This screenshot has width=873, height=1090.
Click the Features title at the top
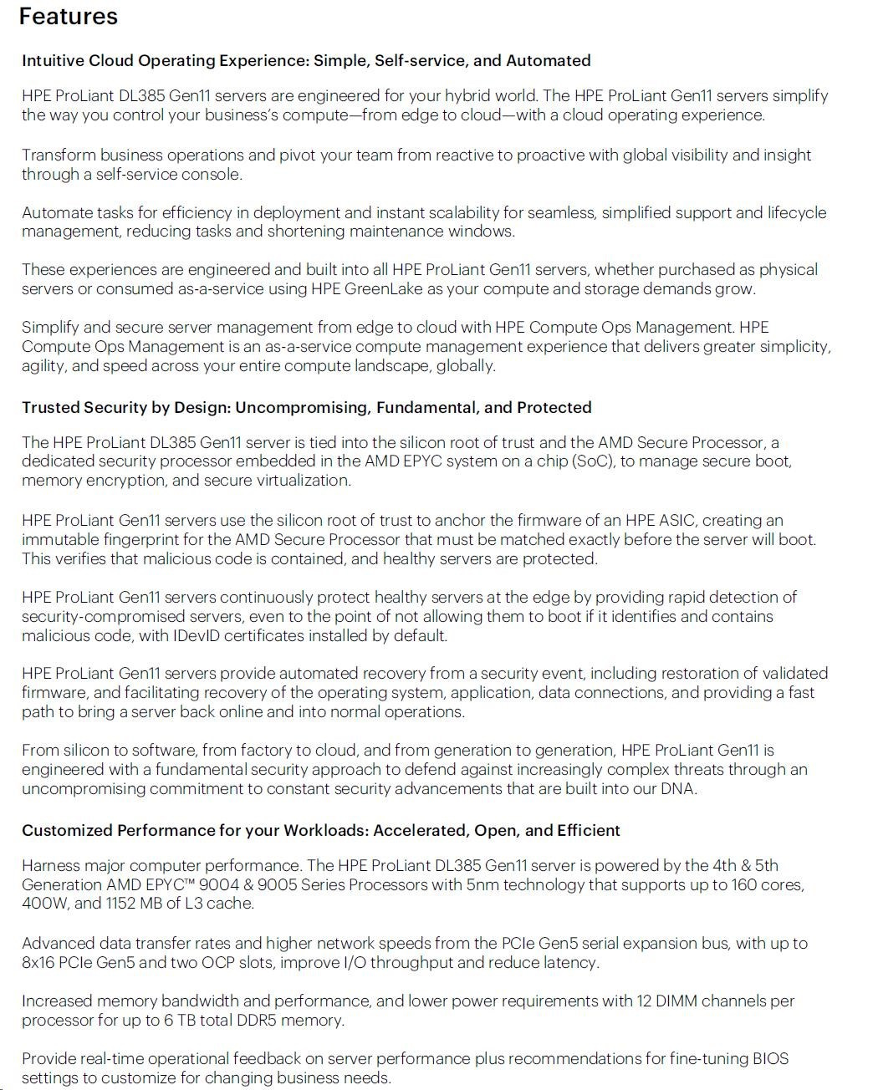(69, 17)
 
